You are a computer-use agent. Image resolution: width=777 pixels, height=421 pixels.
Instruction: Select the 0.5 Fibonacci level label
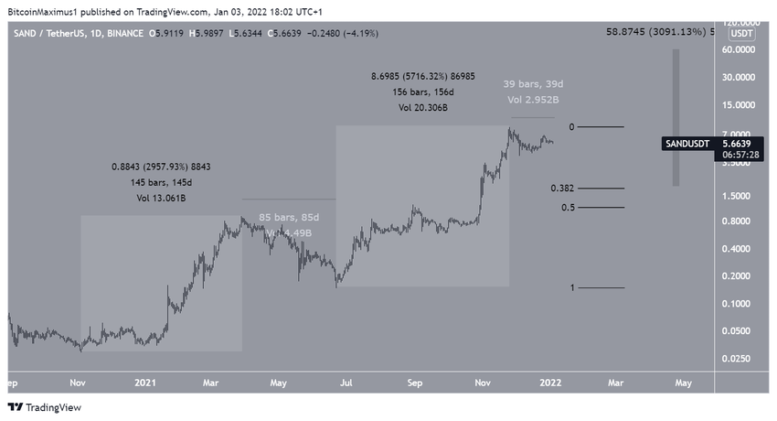[x=568, y=208]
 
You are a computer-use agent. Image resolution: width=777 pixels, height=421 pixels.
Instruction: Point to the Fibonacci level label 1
[x=572, y=287]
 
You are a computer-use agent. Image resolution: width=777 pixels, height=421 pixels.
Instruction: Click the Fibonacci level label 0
[x=571, y=126]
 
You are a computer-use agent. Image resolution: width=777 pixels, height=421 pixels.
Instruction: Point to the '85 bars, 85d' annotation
[x=288, y=217]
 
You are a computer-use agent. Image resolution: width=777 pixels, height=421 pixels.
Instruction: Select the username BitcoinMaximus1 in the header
[x=49, y=12]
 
